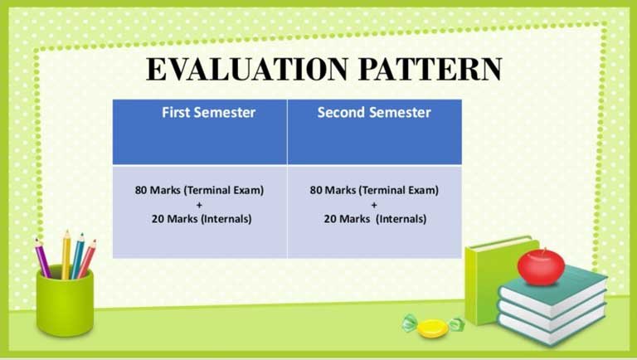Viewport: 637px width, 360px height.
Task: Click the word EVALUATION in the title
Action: tap(247, 69)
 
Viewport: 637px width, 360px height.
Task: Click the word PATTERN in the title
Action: tap(430, 69)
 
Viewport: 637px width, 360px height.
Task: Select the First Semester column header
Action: tap(208, 113)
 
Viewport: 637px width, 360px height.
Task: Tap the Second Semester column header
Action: tap(374, 113)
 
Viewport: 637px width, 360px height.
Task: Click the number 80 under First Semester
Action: tap(140, 190)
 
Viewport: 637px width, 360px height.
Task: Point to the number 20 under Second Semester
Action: tap(330, 219)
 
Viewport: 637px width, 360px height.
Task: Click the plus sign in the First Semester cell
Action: tap(199, 205)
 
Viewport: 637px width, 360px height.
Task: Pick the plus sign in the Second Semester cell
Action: tap(374, 205)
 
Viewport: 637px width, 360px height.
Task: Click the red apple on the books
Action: tap(541, 266)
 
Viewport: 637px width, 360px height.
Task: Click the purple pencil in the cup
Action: tap(42, 259)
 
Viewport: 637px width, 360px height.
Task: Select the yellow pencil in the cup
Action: tap(66, 255)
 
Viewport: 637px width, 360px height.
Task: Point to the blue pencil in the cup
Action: tap(77, 256)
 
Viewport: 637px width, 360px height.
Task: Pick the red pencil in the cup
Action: tap(86, 259)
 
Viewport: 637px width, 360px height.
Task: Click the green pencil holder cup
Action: tap(65, 303)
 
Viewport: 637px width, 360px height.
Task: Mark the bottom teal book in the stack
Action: tap(552, 327)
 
